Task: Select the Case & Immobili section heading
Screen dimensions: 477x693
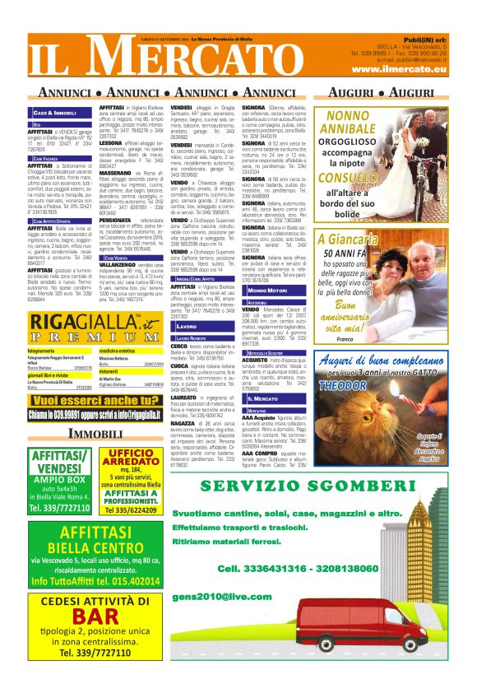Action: [x=54, y=111]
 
